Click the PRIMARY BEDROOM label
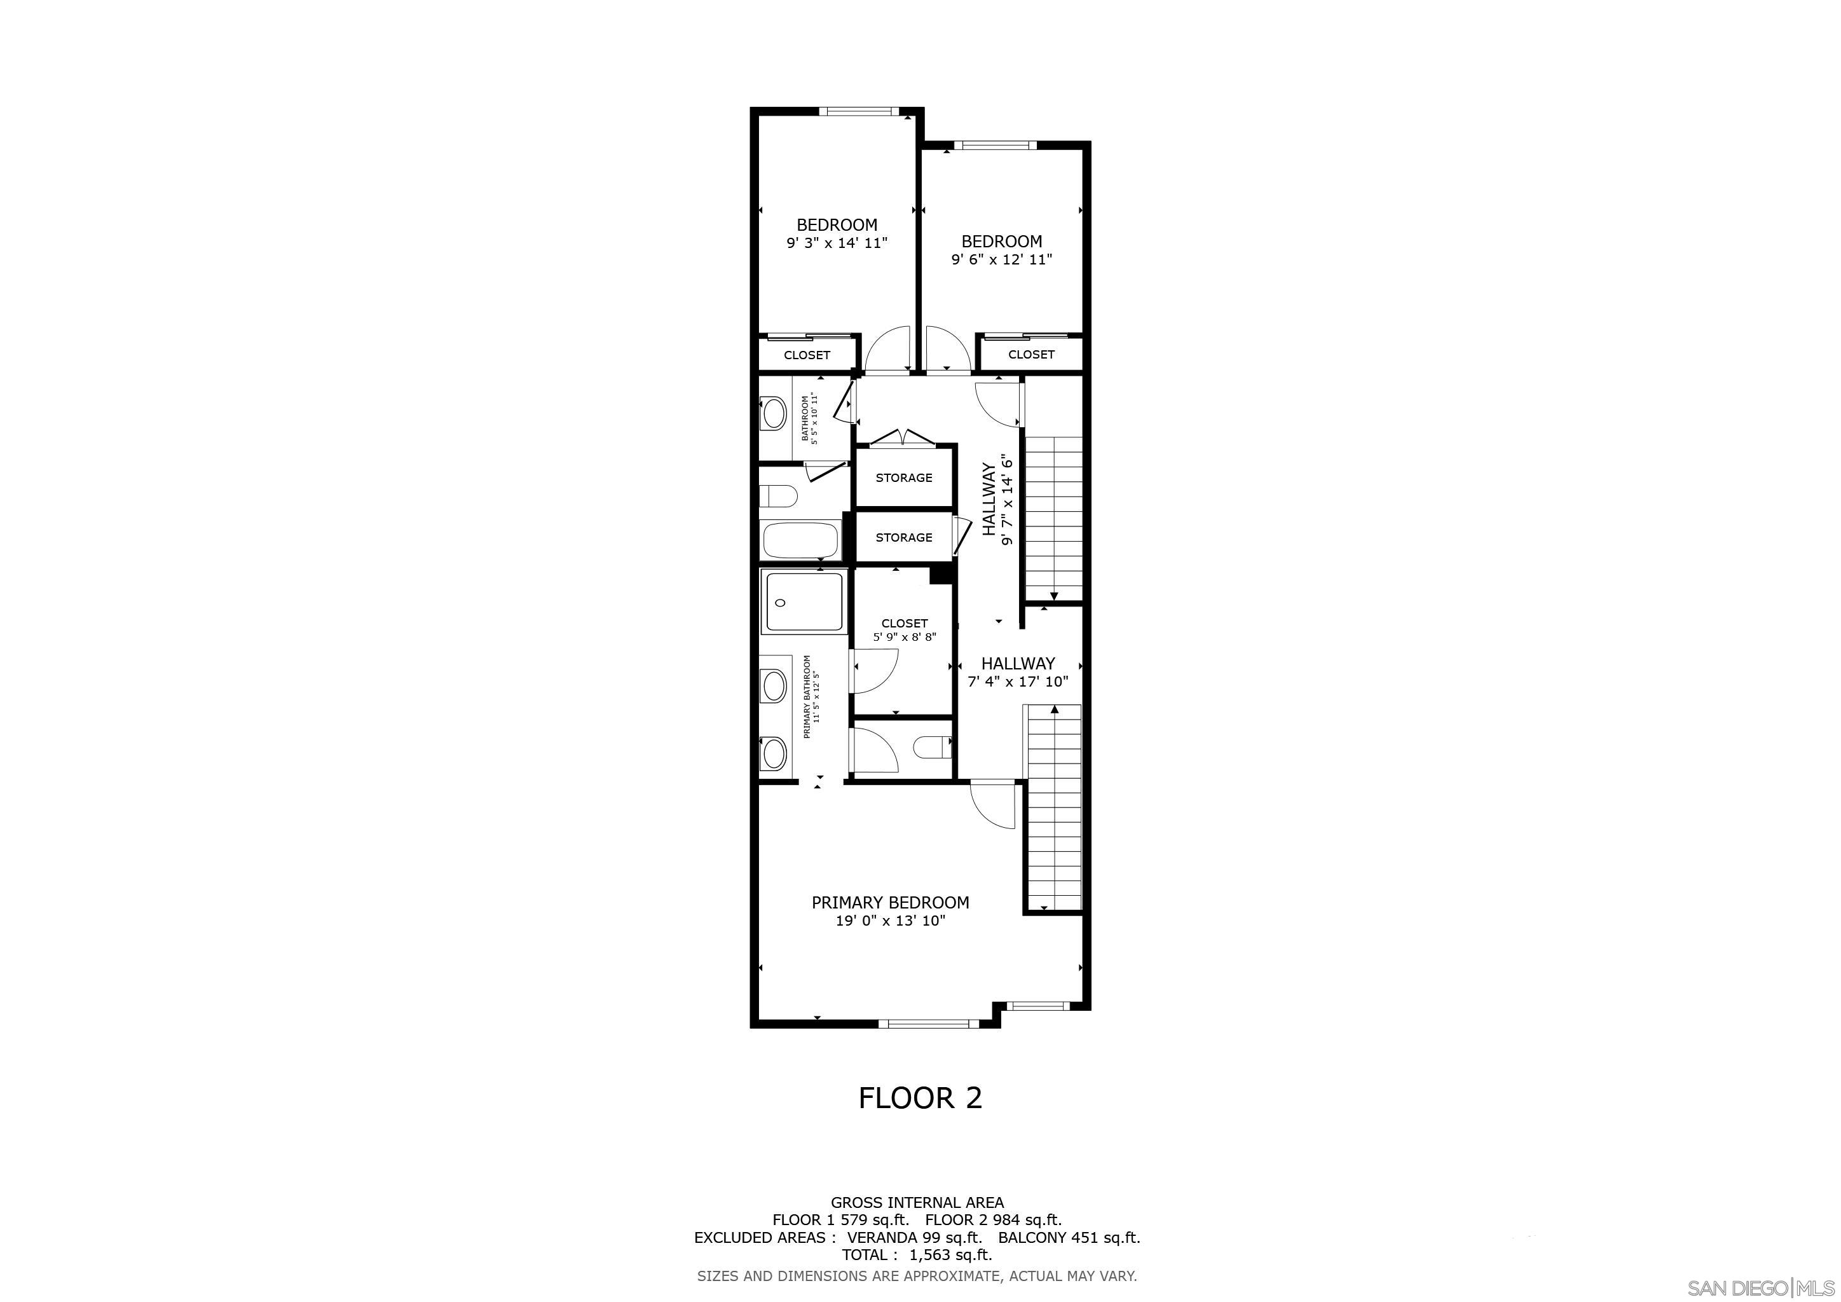click(890, 903)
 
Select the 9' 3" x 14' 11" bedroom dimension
click(837, 243)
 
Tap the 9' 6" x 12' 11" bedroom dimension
click(1001, 260)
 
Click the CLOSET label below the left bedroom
click(807, 355)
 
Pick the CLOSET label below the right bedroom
click(1031, 354)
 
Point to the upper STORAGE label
click(904, 478)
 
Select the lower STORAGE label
click(904, 538)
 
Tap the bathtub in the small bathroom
click(801, 540)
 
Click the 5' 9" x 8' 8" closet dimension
click(905, 638)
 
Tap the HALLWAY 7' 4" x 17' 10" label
click(1018, 672)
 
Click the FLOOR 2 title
click(920, 1097)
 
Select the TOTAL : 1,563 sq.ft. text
click(917, 1255)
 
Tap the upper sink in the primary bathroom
click(774, 686)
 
